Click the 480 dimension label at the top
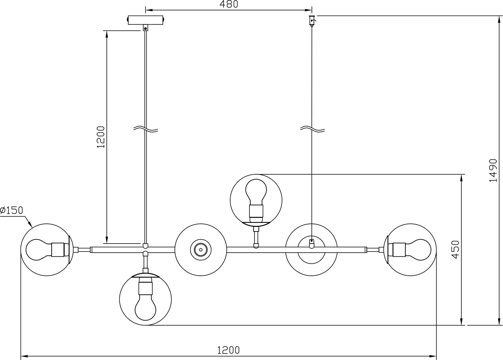coord(229,4)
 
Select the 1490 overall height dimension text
coord(493,171)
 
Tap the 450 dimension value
coord(455,250)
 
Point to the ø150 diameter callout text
coord(12,210)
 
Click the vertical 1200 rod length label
coord(101,137)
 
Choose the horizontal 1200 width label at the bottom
coord(228,350)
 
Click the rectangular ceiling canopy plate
coord(145,20)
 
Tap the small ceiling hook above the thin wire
coord(312,21)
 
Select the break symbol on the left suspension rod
coord(146,129)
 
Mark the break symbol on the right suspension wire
coord(312,129)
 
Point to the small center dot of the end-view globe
coord(201,250)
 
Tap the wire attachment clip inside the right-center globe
coord(311,243)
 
